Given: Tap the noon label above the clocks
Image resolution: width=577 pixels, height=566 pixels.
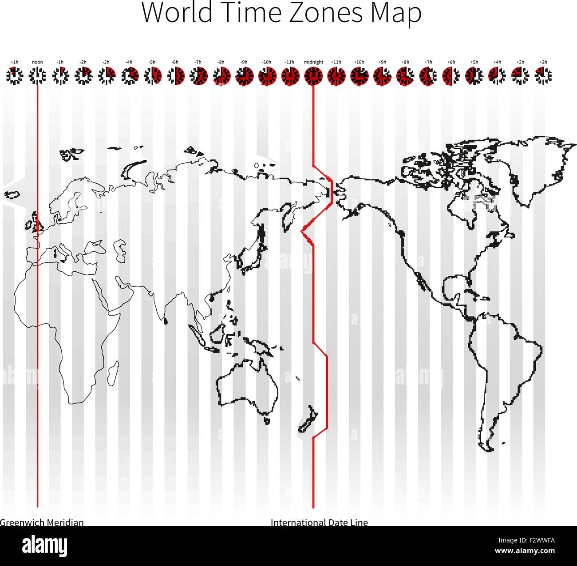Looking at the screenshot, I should click(37, 62).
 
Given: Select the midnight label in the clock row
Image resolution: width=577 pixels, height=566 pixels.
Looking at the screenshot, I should click(313, 62).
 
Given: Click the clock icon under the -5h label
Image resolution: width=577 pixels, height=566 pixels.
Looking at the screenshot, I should click(152, 75).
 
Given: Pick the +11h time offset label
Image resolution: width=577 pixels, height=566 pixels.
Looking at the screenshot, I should click(336, 62).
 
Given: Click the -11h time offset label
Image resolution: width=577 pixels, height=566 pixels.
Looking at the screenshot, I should click(289, 62).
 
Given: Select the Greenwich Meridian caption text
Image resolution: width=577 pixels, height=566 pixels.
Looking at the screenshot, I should click(42, 522).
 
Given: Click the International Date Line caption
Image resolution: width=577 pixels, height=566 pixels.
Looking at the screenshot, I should click(319, 522).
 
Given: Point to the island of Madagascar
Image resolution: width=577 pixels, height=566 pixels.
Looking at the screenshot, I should click(113, 372).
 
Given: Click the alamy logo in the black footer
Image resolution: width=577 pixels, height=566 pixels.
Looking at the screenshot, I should click(45, 545).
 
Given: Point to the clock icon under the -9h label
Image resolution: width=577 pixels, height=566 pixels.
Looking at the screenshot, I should click(244, 75).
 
